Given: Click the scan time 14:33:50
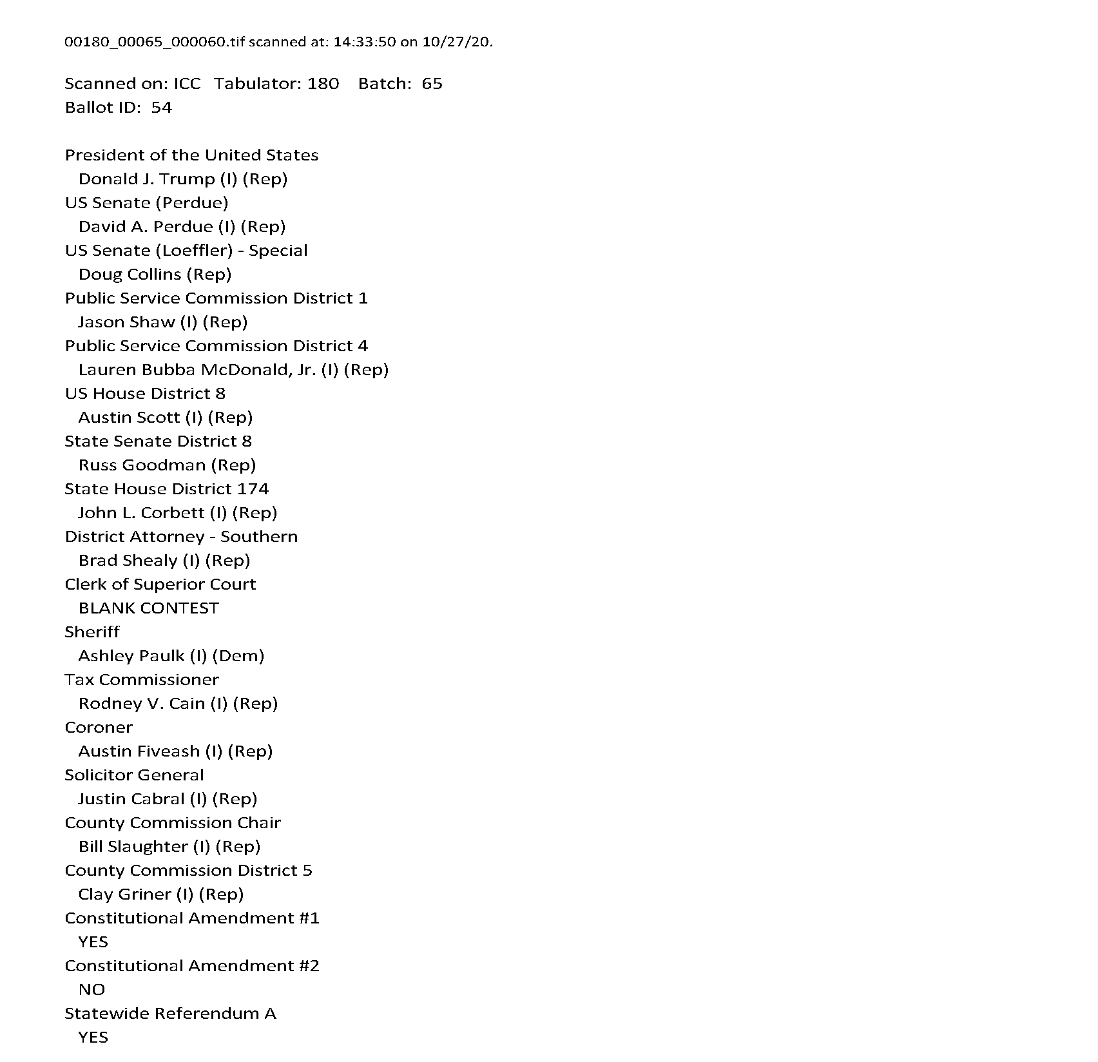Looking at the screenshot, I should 364,43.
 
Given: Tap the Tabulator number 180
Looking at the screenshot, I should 323,84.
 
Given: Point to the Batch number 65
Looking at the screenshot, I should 432,84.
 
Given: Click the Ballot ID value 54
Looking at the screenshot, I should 161,108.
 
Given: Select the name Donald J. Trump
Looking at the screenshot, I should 146,179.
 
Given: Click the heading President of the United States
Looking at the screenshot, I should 191,155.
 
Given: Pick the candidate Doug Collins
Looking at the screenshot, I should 130,275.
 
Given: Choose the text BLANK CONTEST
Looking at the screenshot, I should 148,608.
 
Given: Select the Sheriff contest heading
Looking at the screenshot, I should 92,632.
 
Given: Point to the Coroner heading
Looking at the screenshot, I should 99,728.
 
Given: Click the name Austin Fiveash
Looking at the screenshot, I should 139,751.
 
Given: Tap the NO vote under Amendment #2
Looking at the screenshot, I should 91,990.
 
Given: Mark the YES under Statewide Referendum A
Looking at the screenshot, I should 93,1038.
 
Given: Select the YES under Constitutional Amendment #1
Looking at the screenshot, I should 93,942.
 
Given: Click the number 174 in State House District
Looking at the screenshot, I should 253,489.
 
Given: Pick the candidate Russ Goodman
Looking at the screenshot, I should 142,465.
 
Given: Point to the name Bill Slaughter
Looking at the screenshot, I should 133,847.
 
